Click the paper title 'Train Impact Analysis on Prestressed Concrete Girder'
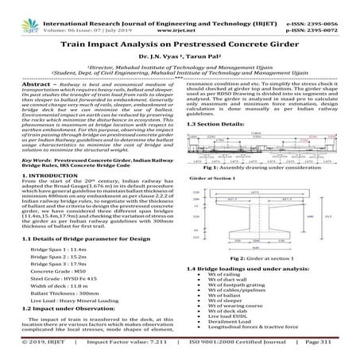click(180, 48)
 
